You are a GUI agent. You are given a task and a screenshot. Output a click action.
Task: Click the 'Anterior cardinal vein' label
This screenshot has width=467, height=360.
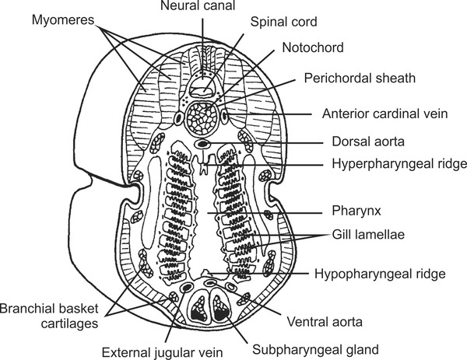(x=384, y=114)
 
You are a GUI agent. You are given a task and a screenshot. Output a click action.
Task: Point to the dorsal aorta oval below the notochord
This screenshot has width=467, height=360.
(x=203, y=145)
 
